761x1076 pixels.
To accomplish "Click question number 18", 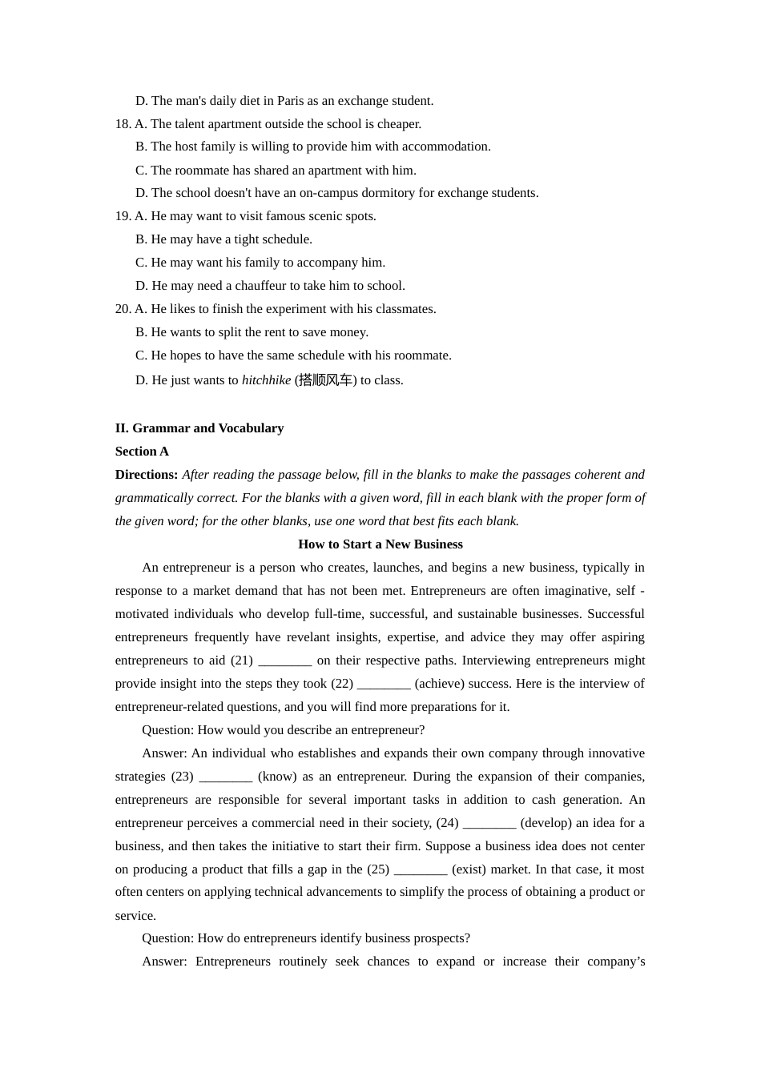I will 123,124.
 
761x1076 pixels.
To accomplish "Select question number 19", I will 123,216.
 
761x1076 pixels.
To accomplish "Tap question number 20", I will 123,309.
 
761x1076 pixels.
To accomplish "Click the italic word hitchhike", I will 266,380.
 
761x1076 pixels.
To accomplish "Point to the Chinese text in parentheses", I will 325,380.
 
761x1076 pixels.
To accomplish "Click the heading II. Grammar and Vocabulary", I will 199,428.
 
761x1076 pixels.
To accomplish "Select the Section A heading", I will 142,452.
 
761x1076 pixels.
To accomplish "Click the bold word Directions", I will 146,475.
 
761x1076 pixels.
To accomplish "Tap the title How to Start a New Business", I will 380,544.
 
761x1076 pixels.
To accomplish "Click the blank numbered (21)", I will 285,661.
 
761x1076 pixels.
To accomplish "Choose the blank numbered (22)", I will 384,685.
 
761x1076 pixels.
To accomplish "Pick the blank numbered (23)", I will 226,777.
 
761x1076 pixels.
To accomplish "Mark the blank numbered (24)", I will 489,824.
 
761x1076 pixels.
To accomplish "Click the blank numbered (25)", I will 421,870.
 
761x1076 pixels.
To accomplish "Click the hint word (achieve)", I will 439,684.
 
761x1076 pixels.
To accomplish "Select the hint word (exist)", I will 469,869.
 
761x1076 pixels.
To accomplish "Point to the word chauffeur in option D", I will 264,286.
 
